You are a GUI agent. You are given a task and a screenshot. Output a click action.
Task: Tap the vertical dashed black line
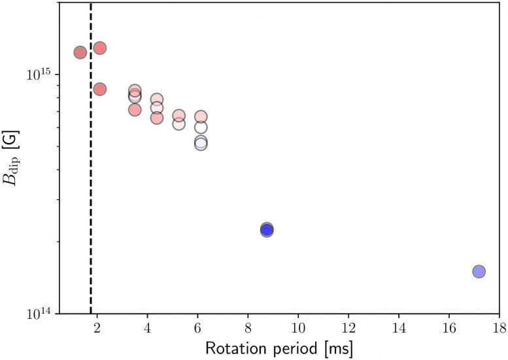point(90,196)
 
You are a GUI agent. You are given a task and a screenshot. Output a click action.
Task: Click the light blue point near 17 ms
point(479,271)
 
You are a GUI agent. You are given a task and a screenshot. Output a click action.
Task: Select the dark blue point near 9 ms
point(267,229)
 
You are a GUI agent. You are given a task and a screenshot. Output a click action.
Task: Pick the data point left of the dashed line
point(80,52)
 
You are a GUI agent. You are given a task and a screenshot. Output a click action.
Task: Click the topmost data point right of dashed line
point(100,48)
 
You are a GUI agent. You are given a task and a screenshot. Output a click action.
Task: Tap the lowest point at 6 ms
point(201,144)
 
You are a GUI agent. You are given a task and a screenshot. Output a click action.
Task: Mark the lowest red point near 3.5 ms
point(135,109)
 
